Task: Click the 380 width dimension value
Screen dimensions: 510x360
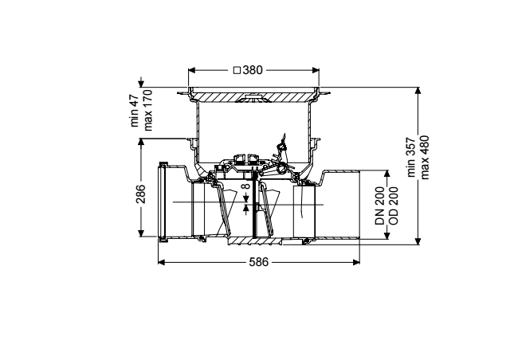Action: (x=253, y=70)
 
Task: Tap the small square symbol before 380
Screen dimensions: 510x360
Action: (x=237, y=70)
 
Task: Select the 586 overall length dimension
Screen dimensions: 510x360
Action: (x=259, y=262)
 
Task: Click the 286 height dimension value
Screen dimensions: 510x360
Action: (x=141, y=194)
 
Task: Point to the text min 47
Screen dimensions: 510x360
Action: (x=135, y=111)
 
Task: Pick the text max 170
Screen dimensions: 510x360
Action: (x=148, y=110)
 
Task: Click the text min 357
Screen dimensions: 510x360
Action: (x=411, y=158)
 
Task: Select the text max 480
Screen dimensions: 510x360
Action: (x=425, y=158)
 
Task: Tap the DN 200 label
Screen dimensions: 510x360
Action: (x=379, y=205)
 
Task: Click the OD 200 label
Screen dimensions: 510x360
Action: (x=393, y=205)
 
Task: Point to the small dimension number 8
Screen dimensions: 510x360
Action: (x=246, y=186)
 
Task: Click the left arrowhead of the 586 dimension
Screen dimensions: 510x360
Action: (x=162, y=262)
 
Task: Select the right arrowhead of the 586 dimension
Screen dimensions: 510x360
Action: (x=356, y=262)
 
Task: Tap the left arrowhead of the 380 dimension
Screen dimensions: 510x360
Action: (x=192, y=70)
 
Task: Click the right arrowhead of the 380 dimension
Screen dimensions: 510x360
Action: (x=316, y=70)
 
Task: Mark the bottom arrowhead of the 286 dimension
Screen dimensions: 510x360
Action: (x=141, y=233)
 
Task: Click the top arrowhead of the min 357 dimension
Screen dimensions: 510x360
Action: (x=418, y=91)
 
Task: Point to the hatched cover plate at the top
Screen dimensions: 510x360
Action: (x=253, y=97)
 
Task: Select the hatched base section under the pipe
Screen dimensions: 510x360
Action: (x=256, y=241)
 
